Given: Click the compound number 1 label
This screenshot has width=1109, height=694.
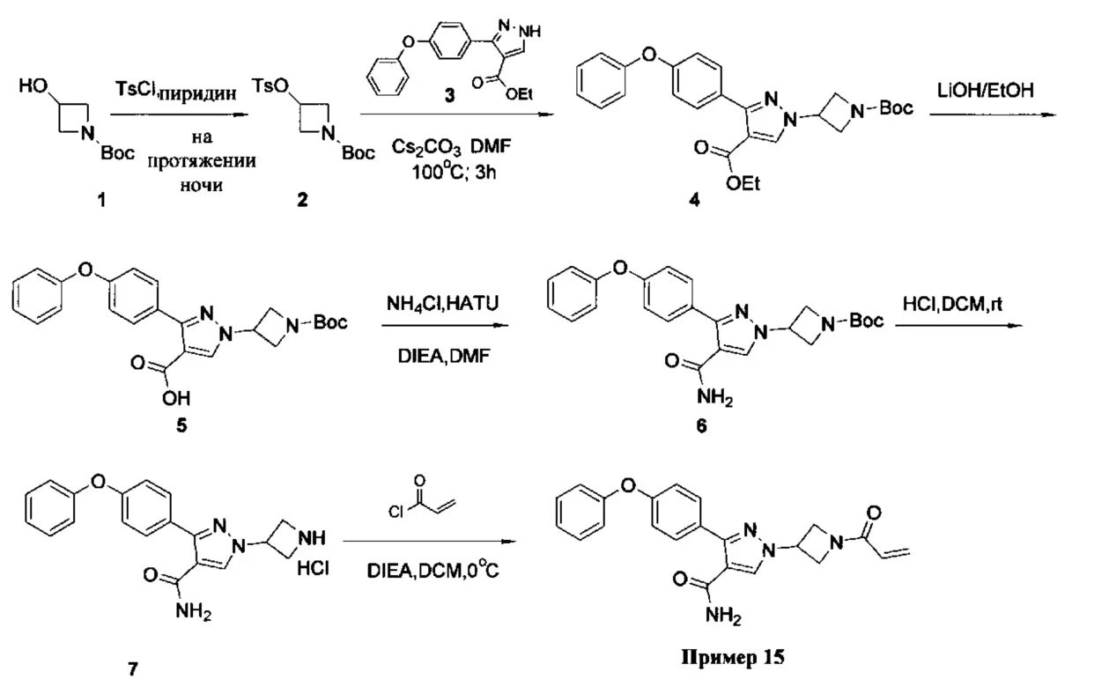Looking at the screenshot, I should (x=100, y=201).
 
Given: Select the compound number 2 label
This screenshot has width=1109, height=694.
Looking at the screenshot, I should (x=302, y=201).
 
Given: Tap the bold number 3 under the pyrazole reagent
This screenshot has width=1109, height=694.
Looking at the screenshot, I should (x=449, y=97).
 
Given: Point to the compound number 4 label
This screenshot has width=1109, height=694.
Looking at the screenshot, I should (x=695, y=201).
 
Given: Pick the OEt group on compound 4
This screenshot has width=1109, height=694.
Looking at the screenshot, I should (x=744, y=184).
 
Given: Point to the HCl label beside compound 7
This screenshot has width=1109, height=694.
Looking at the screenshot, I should (x=312, y=569).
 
